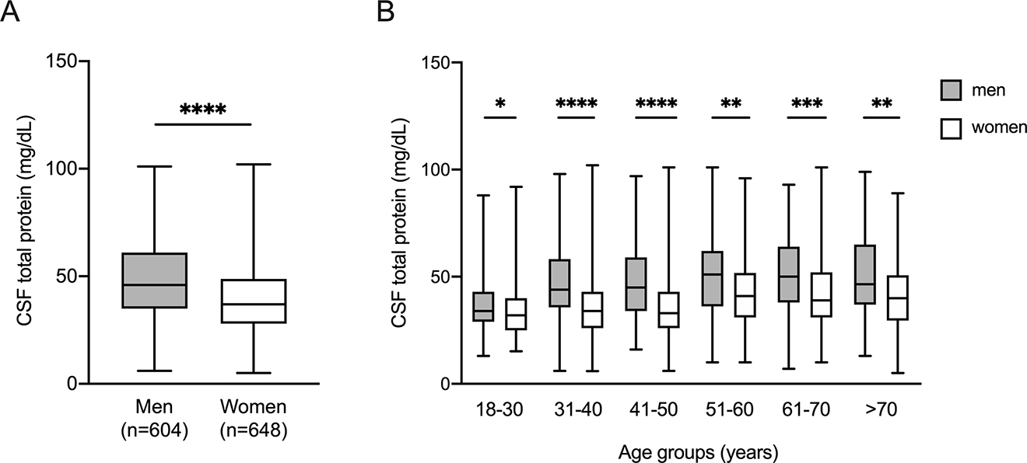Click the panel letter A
click(10, 13)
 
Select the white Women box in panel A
click(253, 301)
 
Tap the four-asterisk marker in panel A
click(203, 110)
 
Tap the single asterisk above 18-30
click(499, 104)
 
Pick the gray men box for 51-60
click(712, 278)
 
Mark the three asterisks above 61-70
click(805, 104)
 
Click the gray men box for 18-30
click(483, 306)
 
